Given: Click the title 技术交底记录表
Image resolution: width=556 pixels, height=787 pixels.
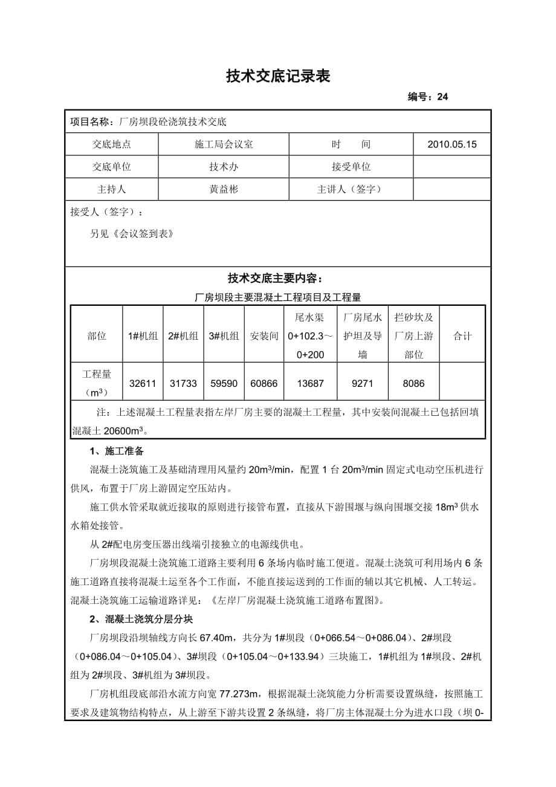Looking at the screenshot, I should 278,76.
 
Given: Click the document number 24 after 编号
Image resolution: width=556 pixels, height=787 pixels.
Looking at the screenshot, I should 442,97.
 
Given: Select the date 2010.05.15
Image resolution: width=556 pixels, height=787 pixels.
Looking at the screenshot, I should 451,144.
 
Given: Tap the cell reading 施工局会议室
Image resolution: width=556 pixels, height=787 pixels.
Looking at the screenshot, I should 224,144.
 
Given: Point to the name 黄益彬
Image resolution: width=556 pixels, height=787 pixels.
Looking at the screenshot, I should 224,189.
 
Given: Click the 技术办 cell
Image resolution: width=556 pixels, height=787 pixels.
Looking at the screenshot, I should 224,167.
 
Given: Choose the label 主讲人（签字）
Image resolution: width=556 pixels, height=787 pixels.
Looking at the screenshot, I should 351,189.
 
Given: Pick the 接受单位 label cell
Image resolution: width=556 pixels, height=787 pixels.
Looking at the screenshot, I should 351,167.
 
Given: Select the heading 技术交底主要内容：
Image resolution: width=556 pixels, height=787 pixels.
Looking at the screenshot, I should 278,278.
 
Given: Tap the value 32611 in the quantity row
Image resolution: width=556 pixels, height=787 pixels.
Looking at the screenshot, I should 143,383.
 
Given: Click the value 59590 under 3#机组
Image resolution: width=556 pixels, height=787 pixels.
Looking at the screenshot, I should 224,383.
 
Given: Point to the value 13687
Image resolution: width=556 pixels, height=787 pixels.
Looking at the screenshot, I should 311,383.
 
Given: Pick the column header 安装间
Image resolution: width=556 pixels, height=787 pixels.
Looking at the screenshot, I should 264,336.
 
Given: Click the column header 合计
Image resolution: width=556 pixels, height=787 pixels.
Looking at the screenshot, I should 462,336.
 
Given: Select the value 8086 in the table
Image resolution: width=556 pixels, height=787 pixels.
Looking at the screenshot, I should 413,383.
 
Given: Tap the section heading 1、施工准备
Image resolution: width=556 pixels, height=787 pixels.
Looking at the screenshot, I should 117,452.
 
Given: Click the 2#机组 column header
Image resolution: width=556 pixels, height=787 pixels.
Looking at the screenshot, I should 183,336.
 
